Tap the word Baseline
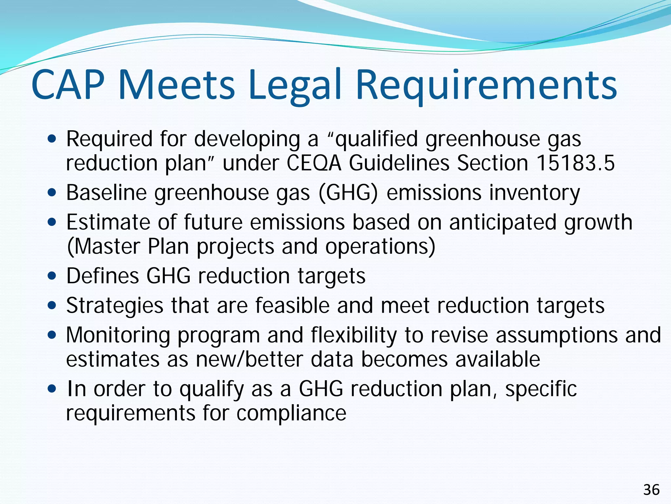(106, 193)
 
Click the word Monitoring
(118, 335)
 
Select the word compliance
(291, 413)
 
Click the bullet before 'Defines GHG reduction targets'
(52, 276)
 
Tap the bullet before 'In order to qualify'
(52, 389)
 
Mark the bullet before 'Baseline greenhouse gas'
(52, 193)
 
